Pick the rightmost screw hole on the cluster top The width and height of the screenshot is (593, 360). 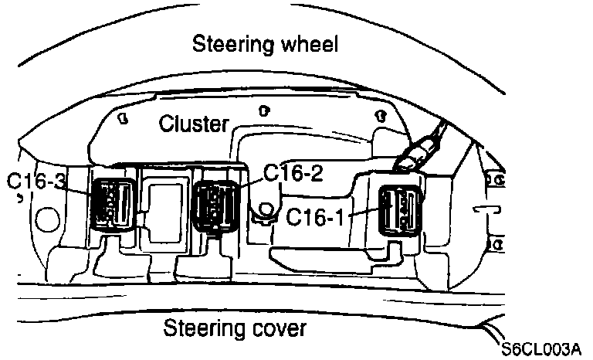pos(380,115)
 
